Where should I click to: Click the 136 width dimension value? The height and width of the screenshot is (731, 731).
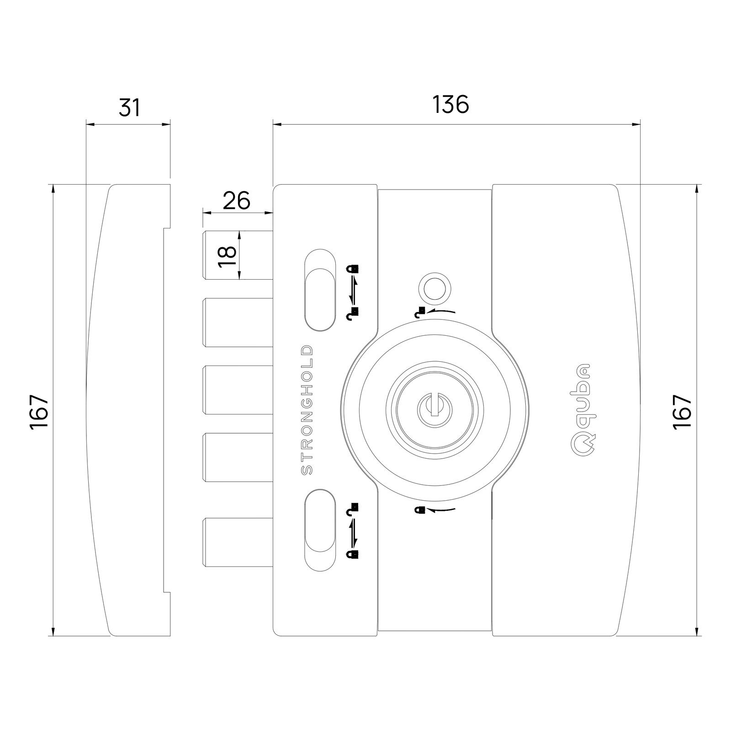[x=450, y=105]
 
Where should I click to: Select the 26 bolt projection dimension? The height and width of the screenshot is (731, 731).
[x=237, y=201]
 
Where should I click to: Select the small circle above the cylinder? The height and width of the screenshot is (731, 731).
[x=435, y=288]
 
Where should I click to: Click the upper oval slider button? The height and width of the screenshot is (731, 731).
[x=319, y=290]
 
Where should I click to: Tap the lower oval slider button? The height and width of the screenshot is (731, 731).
[x=319, y=530]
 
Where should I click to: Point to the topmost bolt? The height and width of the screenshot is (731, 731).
[x=238, y=254]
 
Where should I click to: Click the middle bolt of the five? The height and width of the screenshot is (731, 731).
[x=238, y=390]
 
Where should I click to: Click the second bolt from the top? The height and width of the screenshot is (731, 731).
[x=238, y=322]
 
